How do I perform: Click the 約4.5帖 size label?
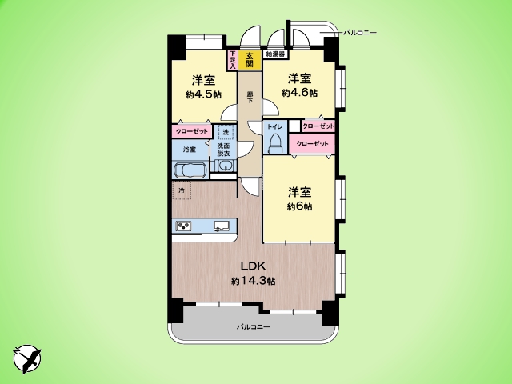(x=202, y=94)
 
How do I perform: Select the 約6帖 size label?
(x=299, y=206)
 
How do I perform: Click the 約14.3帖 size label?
(x=254, y=281)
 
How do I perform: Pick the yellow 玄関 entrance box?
(x=250, y=59)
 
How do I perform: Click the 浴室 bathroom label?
(x=190, y=149)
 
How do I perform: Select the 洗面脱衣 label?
(x=225, y=150)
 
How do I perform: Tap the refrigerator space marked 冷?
(x=182, y=190)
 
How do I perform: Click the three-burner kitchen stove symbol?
(x=184, y=226)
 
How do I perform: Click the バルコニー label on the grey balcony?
(x=253, y=327)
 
